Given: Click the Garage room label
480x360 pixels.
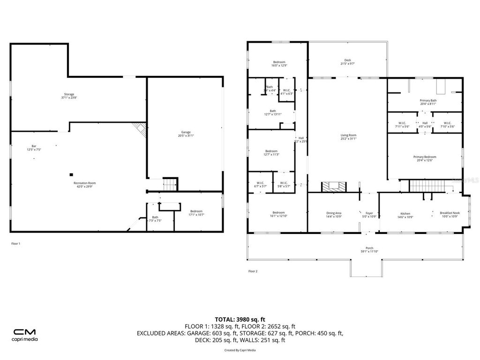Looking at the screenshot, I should [186, 134].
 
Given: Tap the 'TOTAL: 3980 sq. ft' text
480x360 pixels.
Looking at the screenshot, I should [243, 319].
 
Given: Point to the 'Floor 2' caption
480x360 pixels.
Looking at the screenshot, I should [253, 271].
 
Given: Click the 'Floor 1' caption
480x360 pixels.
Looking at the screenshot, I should [15, 243].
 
